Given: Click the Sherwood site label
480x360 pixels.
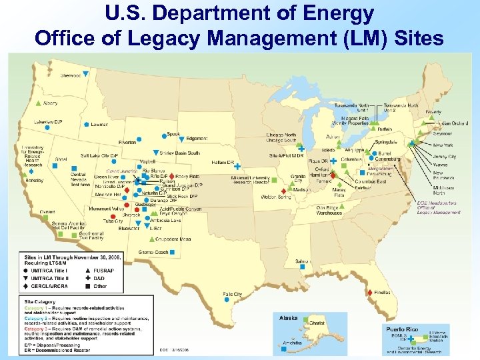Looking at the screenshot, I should tap(71, 76).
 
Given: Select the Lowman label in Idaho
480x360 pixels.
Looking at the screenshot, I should tap(99, 125).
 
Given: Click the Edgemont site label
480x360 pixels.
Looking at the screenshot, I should tap(197, 139).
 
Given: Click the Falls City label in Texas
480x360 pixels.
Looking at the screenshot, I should tap(233, 294).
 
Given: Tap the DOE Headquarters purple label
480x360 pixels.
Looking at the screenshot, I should tap(437, 207).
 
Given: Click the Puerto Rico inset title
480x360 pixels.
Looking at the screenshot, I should tap(402, 328).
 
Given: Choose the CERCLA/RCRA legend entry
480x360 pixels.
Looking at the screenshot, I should tap(47, 286).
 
